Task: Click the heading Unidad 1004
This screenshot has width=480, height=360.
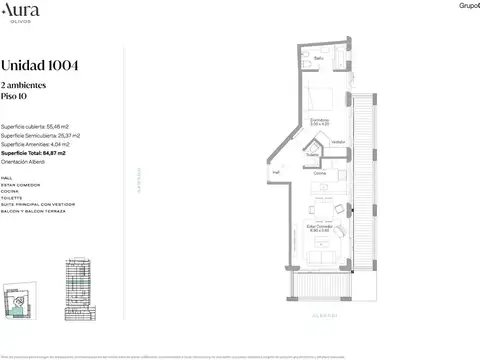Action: coord(41,66)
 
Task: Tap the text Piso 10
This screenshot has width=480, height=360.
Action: coord(15,99)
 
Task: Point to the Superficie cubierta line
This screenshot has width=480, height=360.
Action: coord(35,128)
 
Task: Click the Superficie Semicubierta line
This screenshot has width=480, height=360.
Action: coord(41,137)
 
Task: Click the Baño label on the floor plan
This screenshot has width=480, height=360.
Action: coord(318,58)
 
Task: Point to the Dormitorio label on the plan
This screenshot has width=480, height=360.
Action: coord(319,120)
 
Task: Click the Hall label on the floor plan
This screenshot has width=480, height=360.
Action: coord(276,172)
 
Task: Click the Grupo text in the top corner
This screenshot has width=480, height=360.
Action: coord(469,6)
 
